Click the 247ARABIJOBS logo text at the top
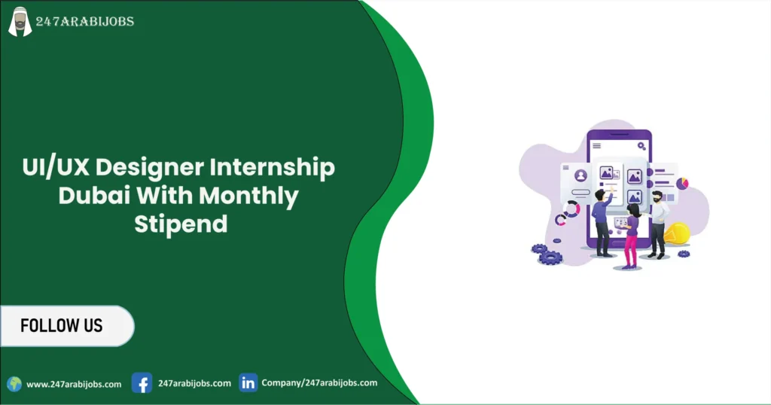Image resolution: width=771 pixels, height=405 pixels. tap(85, 22)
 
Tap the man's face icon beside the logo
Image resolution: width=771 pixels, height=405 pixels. tap(20, 21)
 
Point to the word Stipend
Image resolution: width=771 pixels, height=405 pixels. tap(181, 224)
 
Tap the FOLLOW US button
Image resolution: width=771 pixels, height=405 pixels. tap(62, 326)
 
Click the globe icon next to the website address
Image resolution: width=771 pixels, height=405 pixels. tap(14, 384)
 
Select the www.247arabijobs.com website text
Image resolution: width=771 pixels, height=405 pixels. tap(74, 384)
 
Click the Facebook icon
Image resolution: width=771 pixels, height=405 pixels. tap(142, 383)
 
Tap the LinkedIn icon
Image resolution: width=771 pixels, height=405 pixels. tap(248, 382)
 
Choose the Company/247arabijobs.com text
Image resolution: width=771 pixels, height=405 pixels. tap(319, 382)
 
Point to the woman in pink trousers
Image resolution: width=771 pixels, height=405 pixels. tap(631, 233)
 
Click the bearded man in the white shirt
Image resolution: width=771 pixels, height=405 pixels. tap(657, 223)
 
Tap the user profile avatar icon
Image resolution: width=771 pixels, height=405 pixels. tap(581, 175)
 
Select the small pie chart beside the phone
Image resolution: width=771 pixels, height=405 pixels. tap(682, 184)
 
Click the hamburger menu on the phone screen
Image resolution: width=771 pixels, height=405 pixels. tap(597, 145)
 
